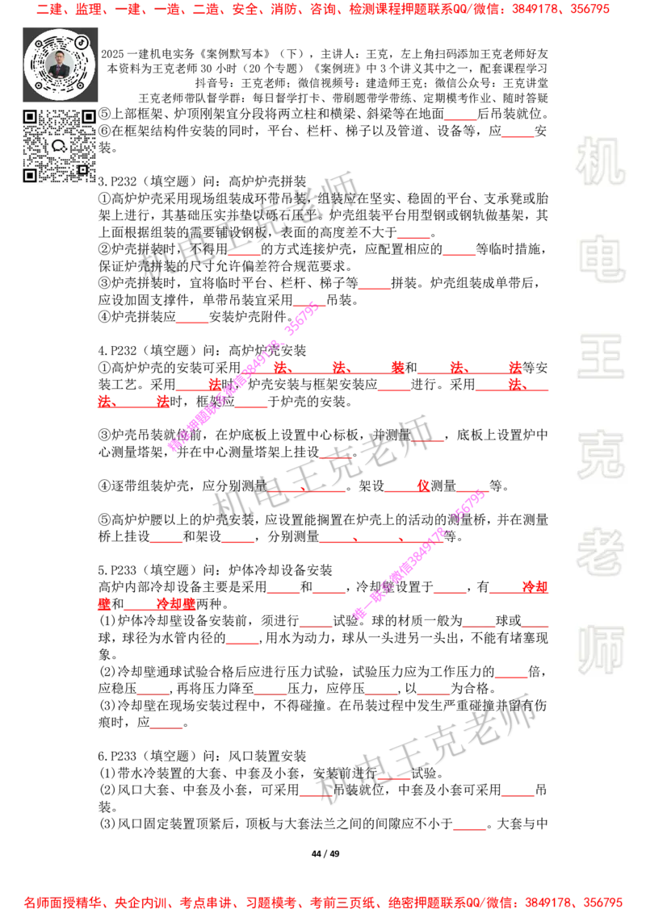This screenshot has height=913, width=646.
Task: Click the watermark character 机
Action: pyautogui.click(x=601, y=161)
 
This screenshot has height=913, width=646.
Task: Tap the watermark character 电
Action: pyautogui.click(x=604, y=258)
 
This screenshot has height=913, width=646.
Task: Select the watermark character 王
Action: pyautogui.click(x=601, y=358)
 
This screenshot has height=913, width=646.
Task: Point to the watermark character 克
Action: pyautogui.click(x=601, y=455)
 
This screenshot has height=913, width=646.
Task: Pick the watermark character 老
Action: pyautogui.click(x=601, y=552)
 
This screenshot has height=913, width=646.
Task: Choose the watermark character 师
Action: pyautogui.click(x=601, y=652)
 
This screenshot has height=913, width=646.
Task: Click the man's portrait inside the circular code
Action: pyautogui.click(x=60, y=65)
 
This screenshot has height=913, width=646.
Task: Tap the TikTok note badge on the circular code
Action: pyautogui.click(x=82, y=40)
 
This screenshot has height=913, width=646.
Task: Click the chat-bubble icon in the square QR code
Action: pyautogui.click(x=59, y=146)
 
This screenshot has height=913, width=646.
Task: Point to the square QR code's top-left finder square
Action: pyautogui.click(x=30, y=117)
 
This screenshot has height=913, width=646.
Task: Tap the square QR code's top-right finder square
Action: pyautogui.click(x=88, y=117)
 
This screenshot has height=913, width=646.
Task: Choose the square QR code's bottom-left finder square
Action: pyautogui.click(x=30, y=175)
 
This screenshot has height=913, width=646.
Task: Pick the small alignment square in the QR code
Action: pyautogui.click(x=82, y=169)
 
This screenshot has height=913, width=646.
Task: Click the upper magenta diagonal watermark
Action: pyautogui.click(x=242, y=375)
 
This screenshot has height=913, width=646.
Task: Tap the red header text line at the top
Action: pyautogui.click(x=323, y=10)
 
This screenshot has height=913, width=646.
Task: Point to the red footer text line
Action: pyautogui.click(x=323, y=902)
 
